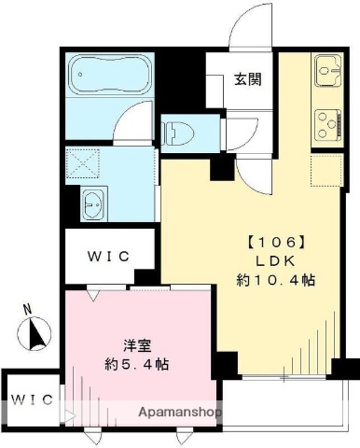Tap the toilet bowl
pos(178,133)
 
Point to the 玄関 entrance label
pos(248,79)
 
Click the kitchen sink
pos(326,69)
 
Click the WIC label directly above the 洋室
pos(109,255)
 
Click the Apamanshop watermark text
pos(180,412)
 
